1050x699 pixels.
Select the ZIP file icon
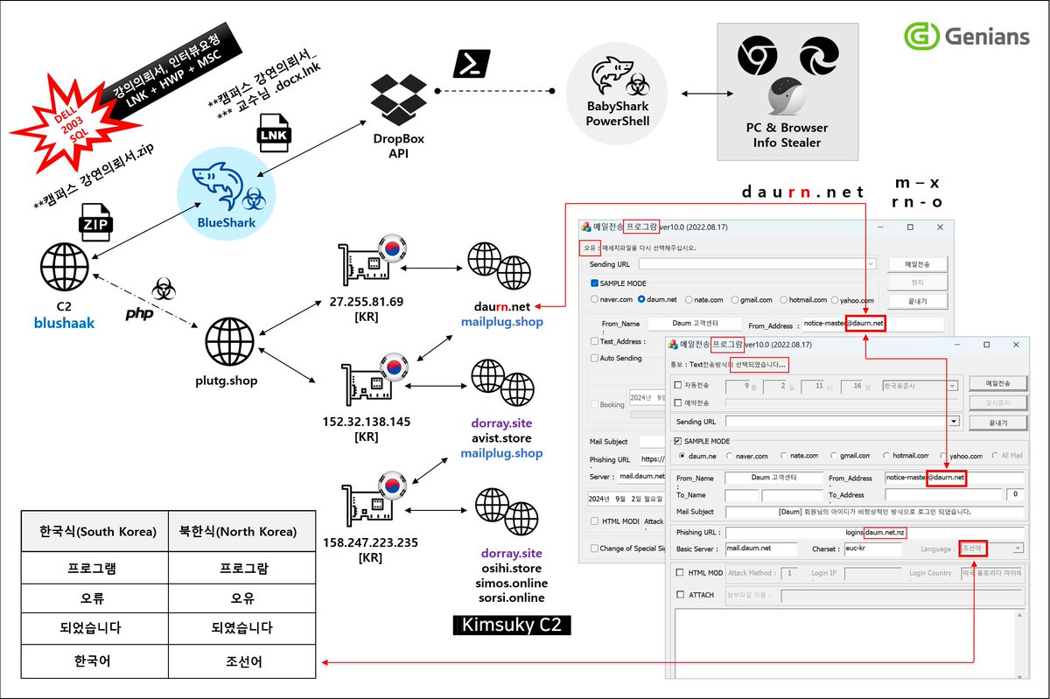tap(94, 220)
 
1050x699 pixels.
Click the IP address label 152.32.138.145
tap(366, 421)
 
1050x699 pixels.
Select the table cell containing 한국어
tap(94, 661)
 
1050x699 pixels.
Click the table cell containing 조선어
tap(241, 661)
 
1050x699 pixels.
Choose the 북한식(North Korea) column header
tap(241, 532)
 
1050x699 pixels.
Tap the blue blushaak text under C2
tap(64, 322)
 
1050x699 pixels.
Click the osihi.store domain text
tap(511, 569)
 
